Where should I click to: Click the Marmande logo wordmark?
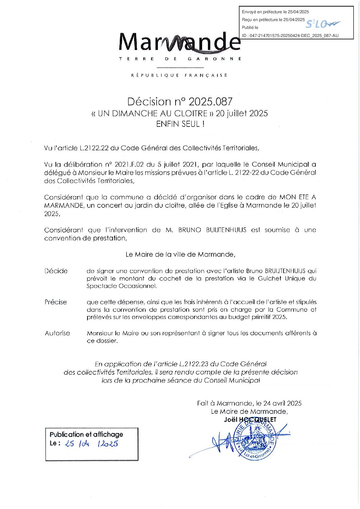[x=180, y=43]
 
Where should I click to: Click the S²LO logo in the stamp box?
[x=322, y=24]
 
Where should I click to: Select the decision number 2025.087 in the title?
[x=210, y=101]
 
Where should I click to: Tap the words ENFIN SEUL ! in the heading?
[x=180, y=124]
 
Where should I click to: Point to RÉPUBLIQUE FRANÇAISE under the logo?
[x=179, y=75]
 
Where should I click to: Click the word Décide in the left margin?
[x=56, y=271]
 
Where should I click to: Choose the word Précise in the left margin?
[x=56, y=302]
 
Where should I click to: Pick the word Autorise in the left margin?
[x=58, y=333]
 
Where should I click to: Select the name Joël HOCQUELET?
[x=250, y=420]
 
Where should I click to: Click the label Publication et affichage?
[x=86, y=434]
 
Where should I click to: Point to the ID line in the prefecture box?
[x=290, y=35]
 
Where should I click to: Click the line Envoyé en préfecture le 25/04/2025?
[x=275, y=12]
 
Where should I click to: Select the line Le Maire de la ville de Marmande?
[x=180, y=254]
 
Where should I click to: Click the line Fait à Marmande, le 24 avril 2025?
[x=249, y=403]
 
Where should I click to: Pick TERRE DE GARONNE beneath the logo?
[x=180, y=59]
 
